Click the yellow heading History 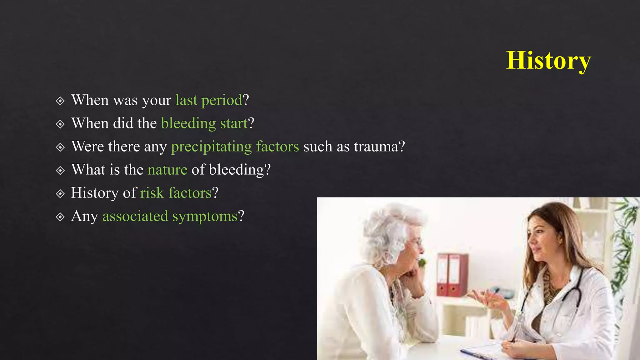548,60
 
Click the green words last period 209,100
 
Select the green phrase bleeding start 204,123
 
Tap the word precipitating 211,147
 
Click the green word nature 167,170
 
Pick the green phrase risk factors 176,193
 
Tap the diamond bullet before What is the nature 60,171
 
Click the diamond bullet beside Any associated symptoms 60,217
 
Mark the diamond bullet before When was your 60,101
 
